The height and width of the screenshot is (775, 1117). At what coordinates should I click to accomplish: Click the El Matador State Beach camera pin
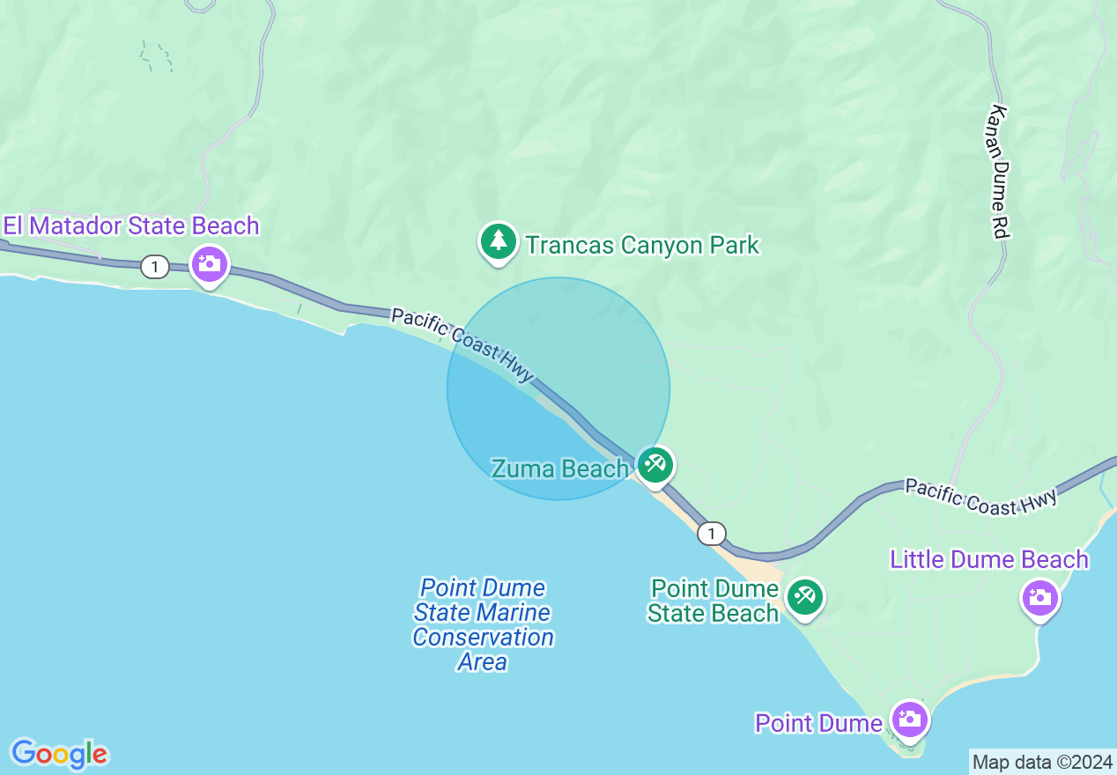[x=210, y=264]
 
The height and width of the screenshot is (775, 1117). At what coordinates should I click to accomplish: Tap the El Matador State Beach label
[x=131, y=226]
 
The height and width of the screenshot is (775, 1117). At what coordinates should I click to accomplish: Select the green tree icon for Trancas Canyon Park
[x=498, y=241]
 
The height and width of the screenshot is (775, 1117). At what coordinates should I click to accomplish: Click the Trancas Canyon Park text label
[x=642, y=245]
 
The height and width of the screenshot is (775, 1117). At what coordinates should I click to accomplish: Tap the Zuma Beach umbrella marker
[x=655, y=464]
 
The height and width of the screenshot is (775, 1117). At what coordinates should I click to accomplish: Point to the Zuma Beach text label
[x=559, y=469]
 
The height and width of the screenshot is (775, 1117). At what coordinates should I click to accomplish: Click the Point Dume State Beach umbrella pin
[x=804, y=597]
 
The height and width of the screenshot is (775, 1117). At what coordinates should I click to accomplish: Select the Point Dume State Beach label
[x=714, y=601]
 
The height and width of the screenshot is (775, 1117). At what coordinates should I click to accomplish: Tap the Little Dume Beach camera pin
[x=1040, y=598]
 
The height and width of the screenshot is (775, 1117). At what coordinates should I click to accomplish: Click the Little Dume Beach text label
[x=989, y=559]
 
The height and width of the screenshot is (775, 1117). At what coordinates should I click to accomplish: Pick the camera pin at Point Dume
[x=909, y=720]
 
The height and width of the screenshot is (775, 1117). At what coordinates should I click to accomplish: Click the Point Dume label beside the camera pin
[x=818, y=723]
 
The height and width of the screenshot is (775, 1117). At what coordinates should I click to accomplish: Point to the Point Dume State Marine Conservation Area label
[x=483, y=624]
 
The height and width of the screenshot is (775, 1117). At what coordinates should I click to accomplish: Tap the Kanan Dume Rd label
[x=998, y=172]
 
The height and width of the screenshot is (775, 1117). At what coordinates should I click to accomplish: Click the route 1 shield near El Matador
[x=155, y=266]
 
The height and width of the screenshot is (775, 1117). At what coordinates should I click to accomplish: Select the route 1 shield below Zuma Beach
[x=711, y=533]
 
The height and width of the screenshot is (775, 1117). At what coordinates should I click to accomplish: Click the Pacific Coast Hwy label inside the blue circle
[x=463, y=344]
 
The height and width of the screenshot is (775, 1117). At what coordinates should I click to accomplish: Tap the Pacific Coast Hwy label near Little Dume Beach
[x=980, y=497]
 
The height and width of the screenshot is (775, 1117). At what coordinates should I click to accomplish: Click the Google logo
[x=59, y=754]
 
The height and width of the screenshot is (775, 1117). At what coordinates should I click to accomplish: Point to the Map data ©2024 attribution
[x=1042, y=762]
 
